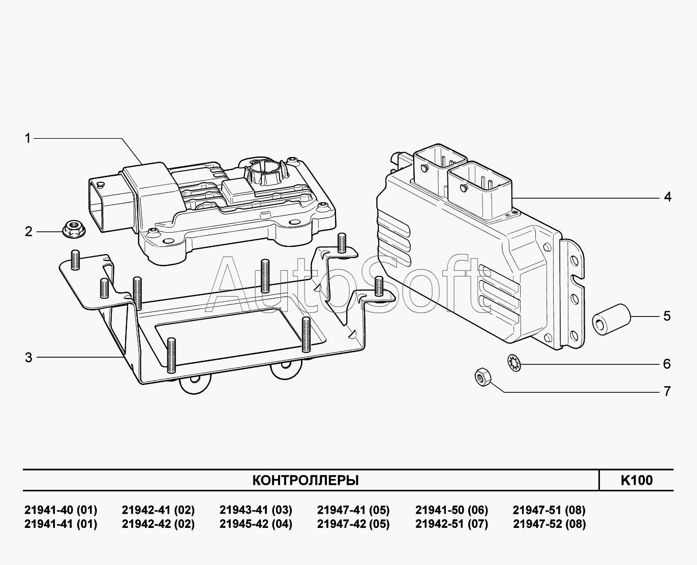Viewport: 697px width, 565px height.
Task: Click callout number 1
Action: [28, 138]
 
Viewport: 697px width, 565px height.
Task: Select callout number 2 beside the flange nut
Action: [28, 232]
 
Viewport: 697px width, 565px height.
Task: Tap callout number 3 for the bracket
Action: [28, 358]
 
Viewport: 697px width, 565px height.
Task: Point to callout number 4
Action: [668, 197]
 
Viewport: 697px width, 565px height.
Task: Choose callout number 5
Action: [667, 316]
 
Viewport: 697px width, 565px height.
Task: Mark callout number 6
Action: [667, 364]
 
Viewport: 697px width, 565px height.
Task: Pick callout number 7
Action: [667, 391]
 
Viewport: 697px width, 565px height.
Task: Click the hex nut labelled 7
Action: [481, 377]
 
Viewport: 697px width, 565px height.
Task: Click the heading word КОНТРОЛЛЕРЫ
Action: [306, 480]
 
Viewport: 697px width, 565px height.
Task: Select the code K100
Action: [637, 480]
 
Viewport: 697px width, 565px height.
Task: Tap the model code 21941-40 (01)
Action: [60, 510]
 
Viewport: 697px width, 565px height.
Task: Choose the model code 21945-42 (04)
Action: [256, 524]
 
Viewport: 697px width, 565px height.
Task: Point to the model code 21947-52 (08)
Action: [549, 524]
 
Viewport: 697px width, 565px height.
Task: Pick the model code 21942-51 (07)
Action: [451, 524]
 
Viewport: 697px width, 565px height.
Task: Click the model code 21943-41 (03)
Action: [256, 510]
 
